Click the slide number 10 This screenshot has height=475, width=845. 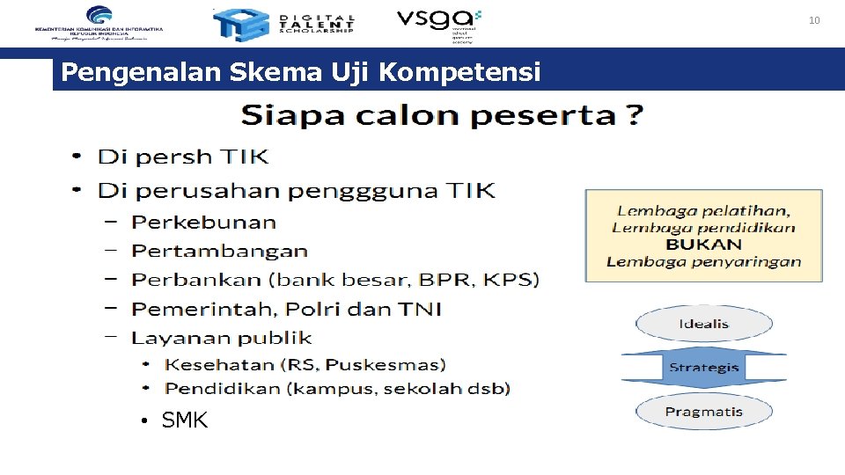pyautogui.click(x=814, y=19)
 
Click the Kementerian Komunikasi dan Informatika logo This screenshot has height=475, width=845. pyautogui.click(x=99, y=23)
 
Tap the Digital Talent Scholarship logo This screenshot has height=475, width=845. pyautogui.click(x=283, y=24)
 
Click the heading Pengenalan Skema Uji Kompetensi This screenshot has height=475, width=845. pyautogui.click(x=301, y=72)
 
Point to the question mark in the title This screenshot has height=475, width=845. pyautogui.click(x=634, y=115)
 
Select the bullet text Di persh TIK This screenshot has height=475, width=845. pyautogui.click(x=183, y=157)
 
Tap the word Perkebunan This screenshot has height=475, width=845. pyautogui.click(x=204, y=223)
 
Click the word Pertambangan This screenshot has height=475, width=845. pyautogui.click(x=220, y=251)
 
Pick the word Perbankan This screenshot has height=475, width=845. pyautogui.click(x=197, y=280)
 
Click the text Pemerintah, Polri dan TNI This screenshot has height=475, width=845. pyautogui.click(x=287, y=309)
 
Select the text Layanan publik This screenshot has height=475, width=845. pyautogui.click(x=222, y=337)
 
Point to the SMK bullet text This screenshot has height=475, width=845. pyautogui.click(x=185, y=420)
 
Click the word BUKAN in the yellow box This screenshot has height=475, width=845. pyautogui.click(x=703, y=244)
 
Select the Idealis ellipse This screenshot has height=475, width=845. pyautogui.click(x=703, y=324)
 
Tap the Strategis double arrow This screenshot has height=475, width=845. pyautogui.click(x=703, y=367)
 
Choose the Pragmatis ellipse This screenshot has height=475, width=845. pyautogui.click(x=703, y=412)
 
